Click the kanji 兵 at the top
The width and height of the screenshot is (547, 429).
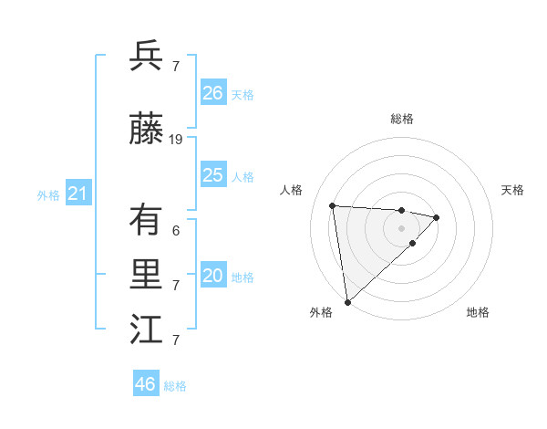(146, 57)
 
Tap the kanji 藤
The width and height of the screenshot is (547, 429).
(146, 131)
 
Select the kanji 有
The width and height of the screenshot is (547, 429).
(146, 220)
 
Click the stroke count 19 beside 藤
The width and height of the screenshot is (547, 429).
(176, 140)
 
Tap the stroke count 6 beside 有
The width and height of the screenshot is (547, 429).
(176, 231)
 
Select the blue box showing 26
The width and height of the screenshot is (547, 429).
(213, 92)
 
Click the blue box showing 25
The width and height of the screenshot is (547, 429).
(213, 175)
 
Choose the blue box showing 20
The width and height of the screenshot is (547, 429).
(213, 277)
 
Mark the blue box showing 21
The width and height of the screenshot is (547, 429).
(77, 194)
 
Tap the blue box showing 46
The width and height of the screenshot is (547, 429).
(146, 384)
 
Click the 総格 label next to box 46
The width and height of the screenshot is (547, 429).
(176, 386)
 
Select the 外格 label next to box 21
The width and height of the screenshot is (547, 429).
(48, 195)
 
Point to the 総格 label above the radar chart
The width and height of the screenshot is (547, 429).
(402, 119)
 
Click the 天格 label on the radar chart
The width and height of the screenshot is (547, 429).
(513, 190)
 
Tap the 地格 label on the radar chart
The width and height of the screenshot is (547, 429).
(478, 312)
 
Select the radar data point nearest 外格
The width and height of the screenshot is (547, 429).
(347, 301)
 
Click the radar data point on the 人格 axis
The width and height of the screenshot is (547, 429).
(333, 204)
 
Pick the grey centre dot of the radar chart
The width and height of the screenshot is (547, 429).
(401, 227)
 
